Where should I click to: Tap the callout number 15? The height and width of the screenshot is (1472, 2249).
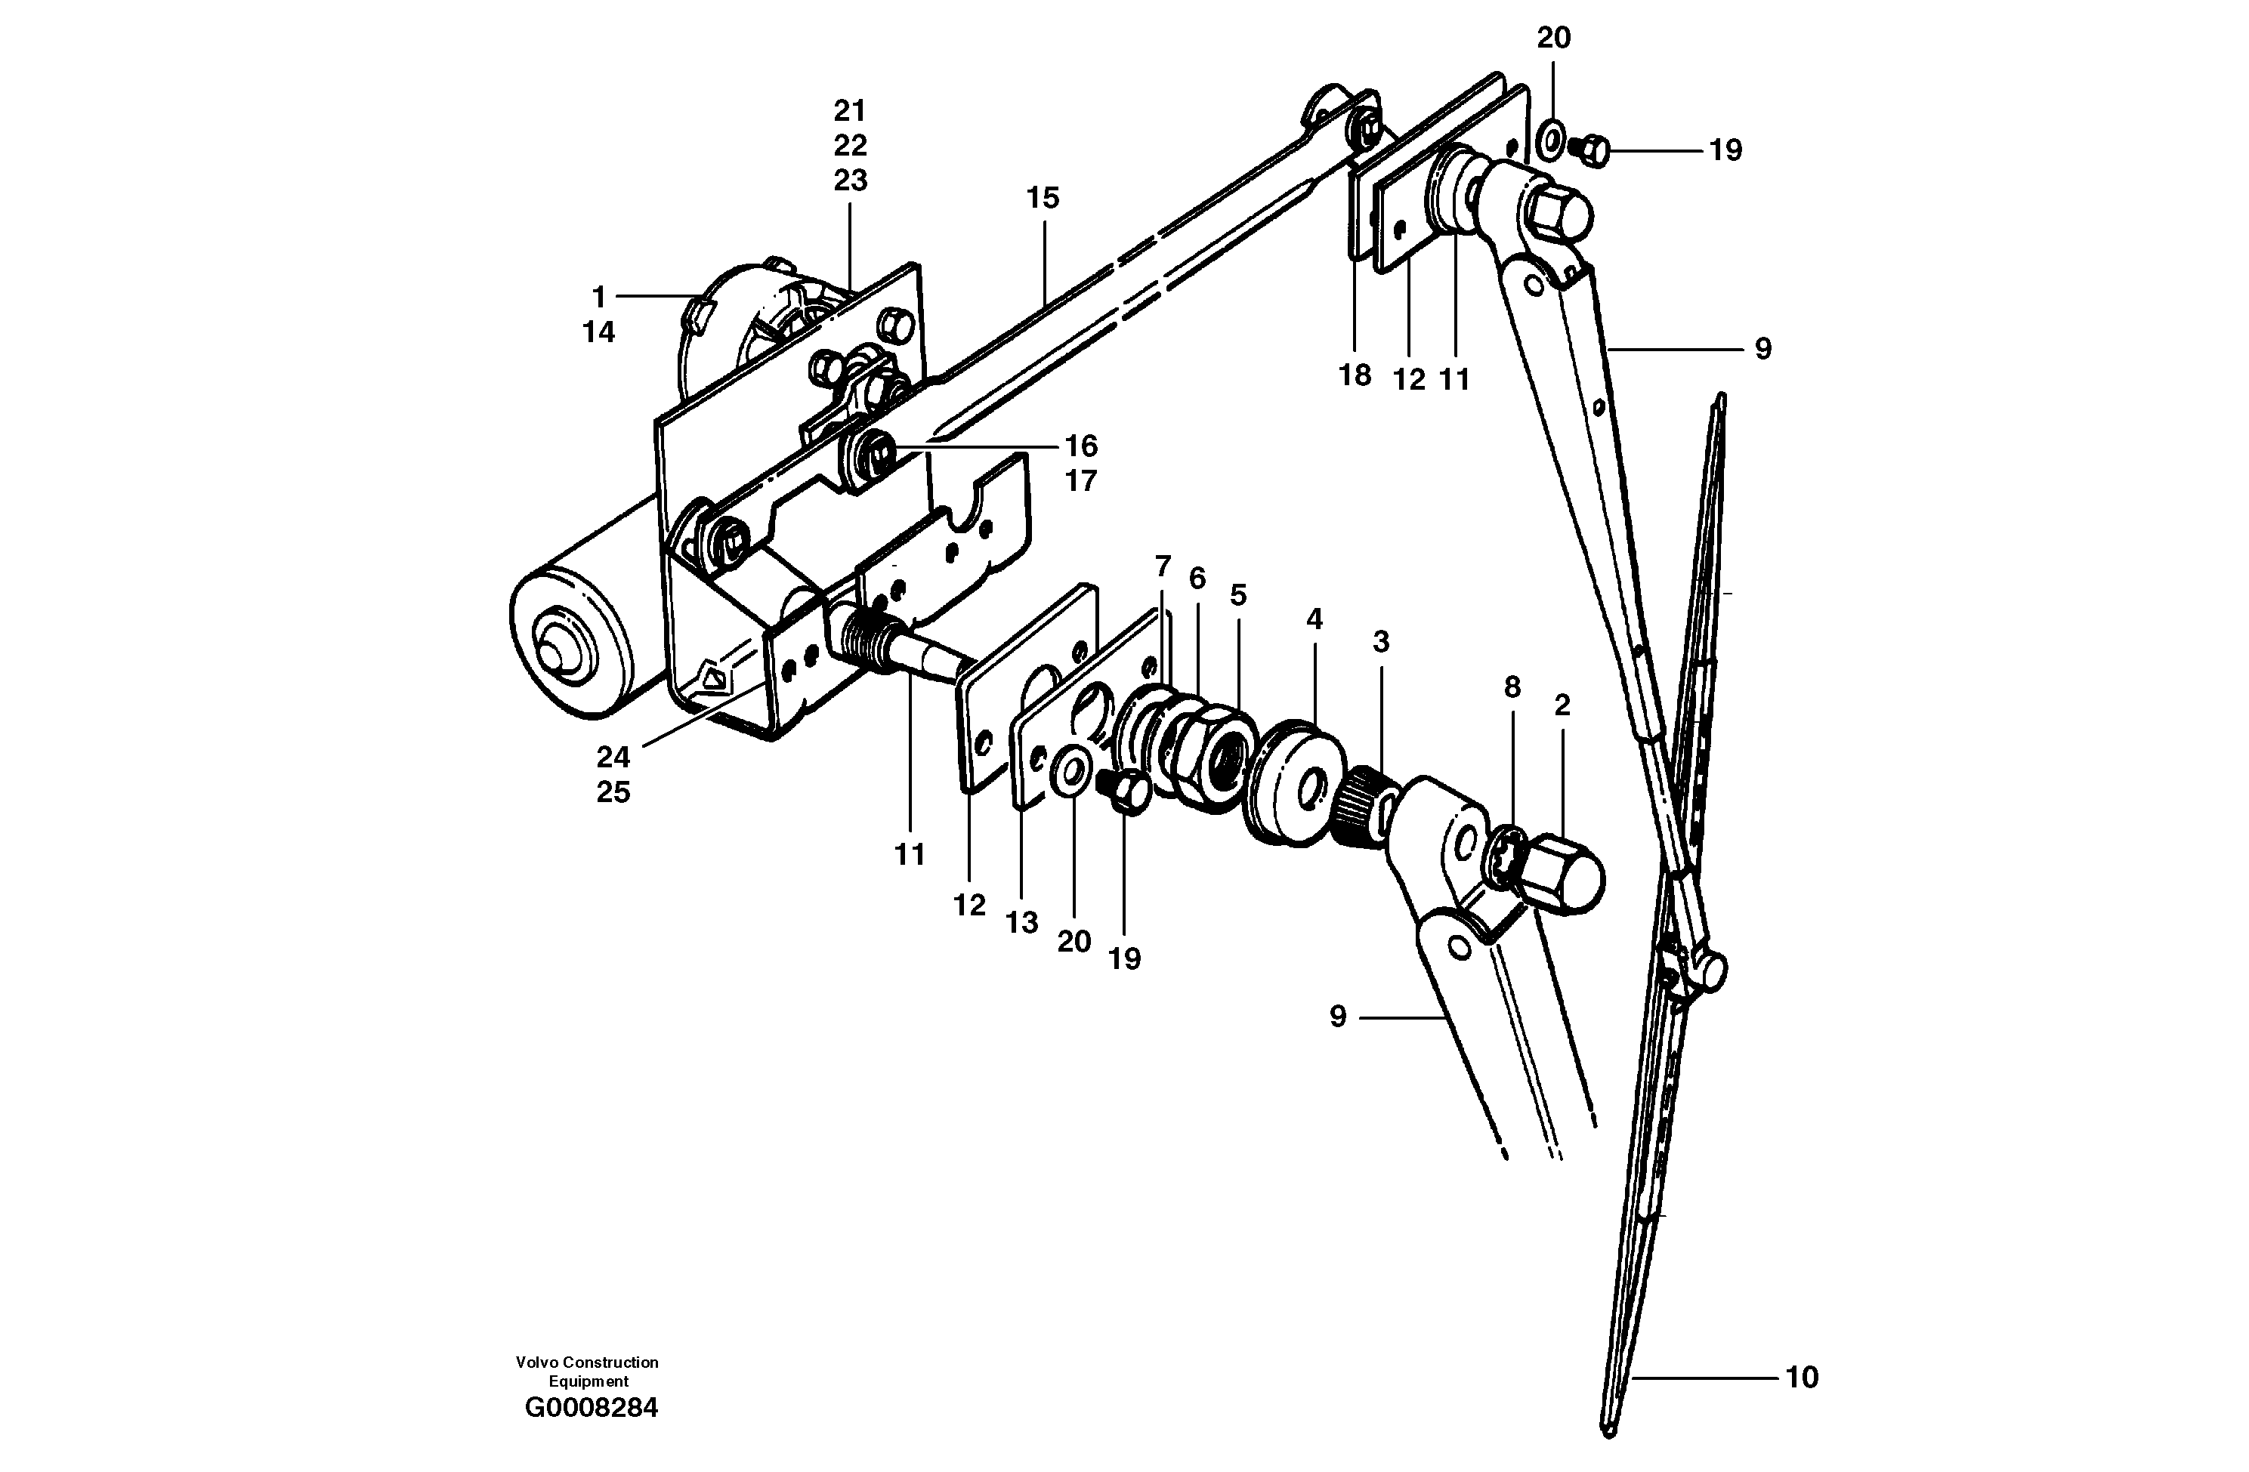coord(1043,199)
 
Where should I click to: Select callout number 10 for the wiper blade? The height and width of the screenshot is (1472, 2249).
coord(1801,1378)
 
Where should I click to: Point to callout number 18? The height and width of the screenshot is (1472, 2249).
coord(1354,376)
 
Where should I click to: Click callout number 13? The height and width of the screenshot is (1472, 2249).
coord(1021,923)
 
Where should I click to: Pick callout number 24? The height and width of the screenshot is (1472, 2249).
coord(613,757)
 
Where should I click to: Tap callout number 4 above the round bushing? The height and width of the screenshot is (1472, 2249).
coord(1314,620)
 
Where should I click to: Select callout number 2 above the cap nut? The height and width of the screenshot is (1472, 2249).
coord(1562,705)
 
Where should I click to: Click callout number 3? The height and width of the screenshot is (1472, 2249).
coord(1380,643)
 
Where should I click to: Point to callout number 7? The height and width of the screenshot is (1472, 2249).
coord(1163,567)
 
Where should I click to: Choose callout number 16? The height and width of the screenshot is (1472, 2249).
coord(1081,446)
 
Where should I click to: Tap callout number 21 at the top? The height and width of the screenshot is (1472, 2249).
coord(850,112)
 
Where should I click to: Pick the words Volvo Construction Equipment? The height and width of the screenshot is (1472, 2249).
coord(587,1371)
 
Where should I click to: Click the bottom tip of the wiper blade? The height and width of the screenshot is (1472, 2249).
coord(1609,1430)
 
